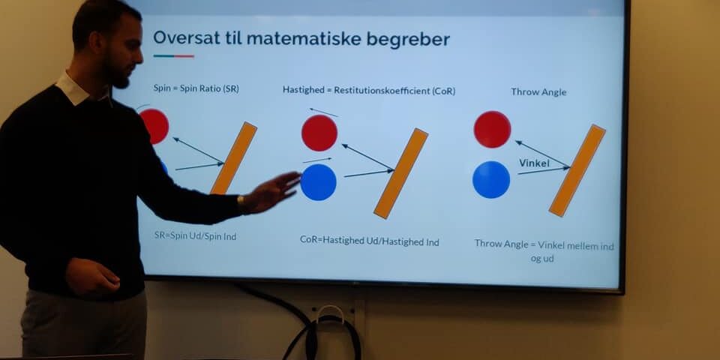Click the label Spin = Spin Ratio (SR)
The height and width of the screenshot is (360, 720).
point(196,88)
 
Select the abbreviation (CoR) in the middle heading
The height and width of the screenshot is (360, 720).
point(443,91)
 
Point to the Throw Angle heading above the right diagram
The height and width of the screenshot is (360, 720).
point(538,91)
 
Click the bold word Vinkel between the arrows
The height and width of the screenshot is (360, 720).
point(534,163)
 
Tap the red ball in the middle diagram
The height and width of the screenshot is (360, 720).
point(319,133)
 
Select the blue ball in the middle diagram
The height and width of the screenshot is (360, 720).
point(319,182)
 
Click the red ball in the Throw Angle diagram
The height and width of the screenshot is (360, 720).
point(492,129)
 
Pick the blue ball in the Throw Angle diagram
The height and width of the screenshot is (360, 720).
point(491,179)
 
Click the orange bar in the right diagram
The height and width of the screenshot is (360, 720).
point(577,170)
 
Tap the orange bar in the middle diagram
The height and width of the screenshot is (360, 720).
point(400,173)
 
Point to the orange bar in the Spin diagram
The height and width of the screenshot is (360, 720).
point(234,158)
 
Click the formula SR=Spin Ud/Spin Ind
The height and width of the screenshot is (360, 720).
point(196,236)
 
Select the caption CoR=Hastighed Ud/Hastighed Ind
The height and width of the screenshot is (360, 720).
point(369,241)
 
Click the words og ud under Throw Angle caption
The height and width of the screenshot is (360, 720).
point(542,259)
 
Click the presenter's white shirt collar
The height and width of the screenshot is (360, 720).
point(73,88)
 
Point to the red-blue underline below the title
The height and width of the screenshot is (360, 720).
point(173,56)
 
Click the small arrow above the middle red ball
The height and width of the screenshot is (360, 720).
point(324,112)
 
